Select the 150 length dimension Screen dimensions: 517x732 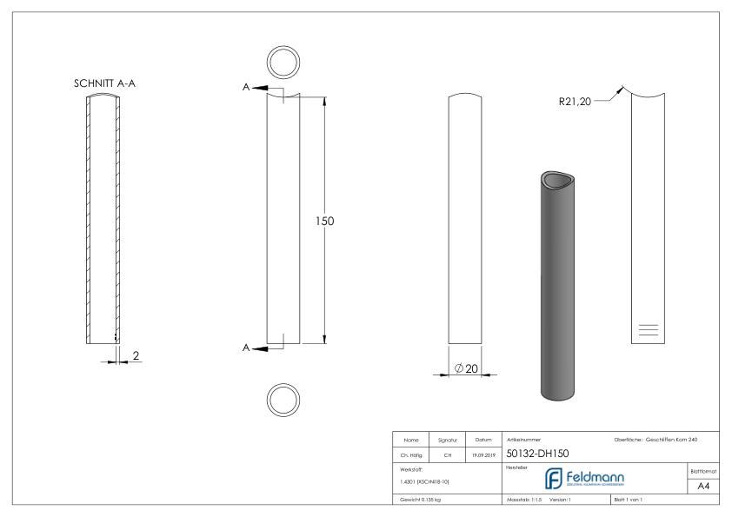[324, 221]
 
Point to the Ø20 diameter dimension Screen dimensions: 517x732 [467, 369]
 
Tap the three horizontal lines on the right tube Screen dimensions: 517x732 [649, 329]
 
